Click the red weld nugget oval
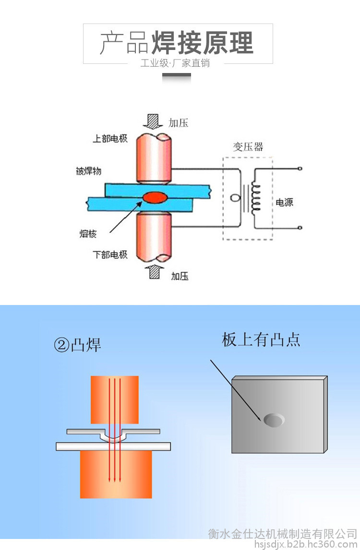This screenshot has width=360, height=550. point(156,197)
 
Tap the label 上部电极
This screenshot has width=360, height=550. point(110,138)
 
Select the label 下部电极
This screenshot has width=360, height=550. point(110,254)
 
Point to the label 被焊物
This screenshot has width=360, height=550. point(89,171)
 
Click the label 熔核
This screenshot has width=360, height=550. point(88,233)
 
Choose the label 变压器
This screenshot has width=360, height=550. point(248,147)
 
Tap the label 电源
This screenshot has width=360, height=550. point(284,202)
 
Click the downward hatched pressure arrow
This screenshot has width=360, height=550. point(153,122)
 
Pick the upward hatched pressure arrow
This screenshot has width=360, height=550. point(154,272)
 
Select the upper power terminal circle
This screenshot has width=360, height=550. point(300,169)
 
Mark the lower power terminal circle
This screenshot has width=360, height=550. point(300,228)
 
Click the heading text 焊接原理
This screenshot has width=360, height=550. point(202,43)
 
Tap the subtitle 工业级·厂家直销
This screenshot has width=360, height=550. point(175,63)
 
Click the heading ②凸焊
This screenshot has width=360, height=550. point(77,345)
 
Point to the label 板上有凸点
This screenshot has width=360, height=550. point(261,340)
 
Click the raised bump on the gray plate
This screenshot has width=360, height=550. point(274,420)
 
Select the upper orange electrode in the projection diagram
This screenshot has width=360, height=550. point(115,400)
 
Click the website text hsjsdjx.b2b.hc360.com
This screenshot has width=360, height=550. point(306,544)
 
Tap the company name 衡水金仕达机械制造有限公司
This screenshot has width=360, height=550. point(283,534)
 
